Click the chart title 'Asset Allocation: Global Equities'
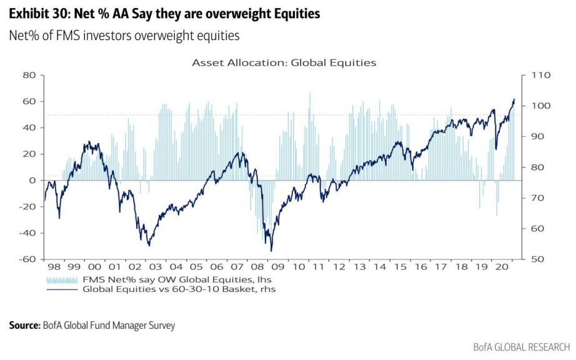[284, 62]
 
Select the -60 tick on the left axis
[27, 259]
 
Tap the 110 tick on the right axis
[538, 75]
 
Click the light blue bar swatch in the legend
[62, 279]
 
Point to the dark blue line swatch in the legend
[62, 289]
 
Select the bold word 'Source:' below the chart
[24, 325]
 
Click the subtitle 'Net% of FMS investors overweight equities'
[124, 36]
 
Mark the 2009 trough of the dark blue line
[271, 251]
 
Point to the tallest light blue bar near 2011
[310, 93]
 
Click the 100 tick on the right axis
[538, 106]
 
